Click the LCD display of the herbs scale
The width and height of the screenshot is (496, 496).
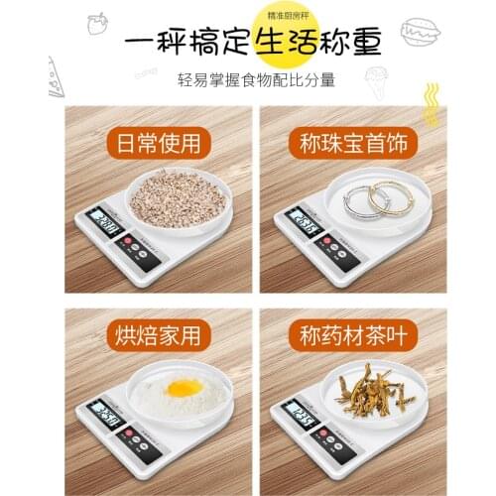(297, 411)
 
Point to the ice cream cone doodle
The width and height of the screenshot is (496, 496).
(378, 80)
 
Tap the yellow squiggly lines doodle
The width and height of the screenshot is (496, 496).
(430, 99)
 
